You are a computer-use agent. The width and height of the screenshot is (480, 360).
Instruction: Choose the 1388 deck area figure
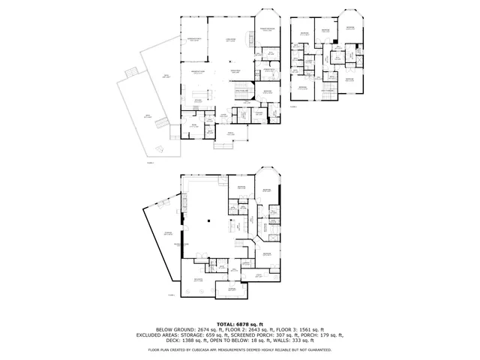[181, 341]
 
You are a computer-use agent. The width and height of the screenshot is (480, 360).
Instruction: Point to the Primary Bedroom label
[267, 29]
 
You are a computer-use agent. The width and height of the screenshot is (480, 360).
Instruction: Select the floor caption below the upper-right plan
[292, 107]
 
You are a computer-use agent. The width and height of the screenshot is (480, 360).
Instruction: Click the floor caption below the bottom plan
[172, 295]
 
